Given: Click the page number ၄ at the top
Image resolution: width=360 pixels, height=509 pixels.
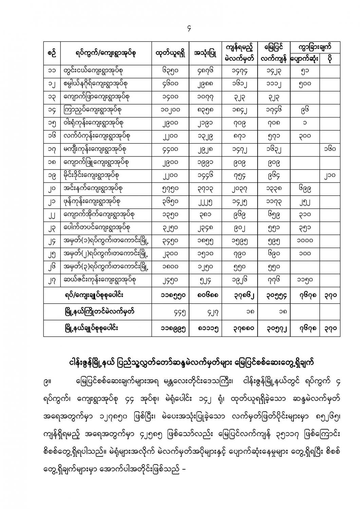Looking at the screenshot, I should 189,29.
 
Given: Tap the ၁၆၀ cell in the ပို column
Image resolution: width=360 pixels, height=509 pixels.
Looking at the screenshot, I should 329,149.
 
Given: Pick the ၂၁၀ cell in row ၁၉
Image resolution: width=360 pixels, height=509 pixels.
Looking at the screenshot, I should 329,175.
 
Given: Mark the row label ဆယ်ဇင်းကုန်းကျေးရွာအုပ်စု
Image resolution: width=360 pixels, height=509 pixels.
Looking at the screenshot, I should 100,280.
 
